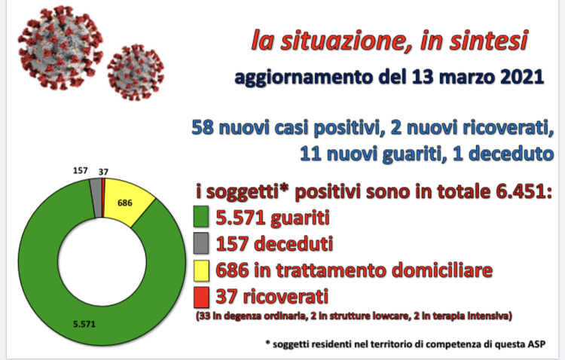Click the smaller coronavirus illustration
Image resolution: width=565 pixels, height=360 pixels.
coord(136,72)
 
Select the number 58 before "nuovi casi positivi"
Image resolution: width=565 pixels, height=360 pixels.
coord(203,127)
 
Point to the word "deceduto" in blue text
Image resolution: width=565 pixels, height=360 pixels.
coord(512,154)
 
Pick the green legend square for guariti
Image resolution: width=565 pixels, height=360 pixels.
coord(201,216)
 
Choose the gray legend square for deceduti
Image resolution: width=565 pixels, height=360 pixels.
coord(201,243)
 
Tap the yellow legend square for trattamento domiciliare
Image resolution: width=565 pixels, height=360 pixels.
coord(201,270)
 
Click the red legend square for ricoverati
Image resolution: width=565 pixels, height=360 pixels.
coord(201,297)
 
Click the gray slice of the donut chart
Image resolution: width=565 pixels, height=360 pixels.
coord(96,198)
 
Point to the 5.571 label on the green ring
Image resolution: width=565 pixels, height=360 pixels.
coord(84,324)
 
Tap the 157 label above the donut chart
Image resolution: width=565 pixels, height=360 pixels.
coord(81,170)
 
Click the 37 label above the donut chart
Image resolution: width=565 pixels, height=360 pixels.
coord(103,172)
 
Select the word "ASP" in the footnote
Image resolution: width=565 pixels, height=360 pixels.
coord(537,344)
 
